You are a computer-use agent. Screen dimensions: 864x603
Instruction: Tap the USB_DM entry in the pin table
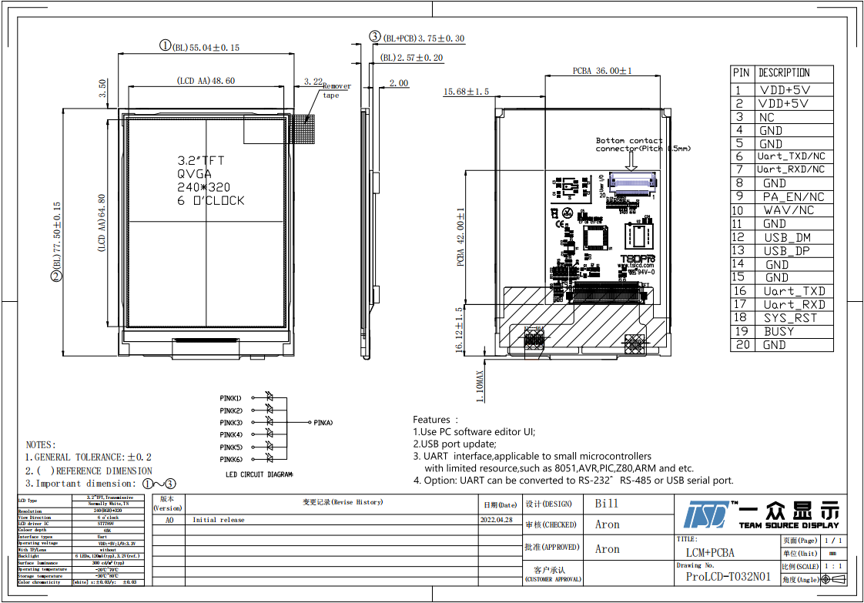787,237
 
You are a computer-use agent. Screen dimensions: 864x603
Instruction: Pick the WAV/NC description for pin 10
789,210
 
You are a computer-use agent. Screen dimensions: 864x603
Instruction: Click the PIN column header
741,72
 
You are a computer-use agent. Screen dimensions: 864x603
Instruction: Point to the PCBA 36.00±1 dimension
602,71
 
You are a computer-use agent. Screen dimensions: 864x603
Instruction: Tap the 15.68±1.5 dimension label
466,92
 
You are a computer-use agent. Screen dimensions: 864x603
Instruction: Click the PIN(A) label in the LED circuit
322,423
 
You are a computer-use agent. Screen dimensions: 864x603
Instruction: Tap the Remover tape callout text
336,91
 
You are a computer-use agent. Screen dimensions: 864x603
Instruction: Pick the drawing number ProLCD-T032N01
728,577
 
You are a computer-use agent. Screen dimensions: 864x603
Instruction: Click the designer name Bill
606,504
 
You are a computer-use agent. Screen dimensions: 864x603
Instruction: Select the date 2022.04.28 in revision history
497,520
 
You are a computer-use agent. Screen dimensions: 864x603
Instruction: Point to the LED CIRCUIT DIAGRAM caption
259,475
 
